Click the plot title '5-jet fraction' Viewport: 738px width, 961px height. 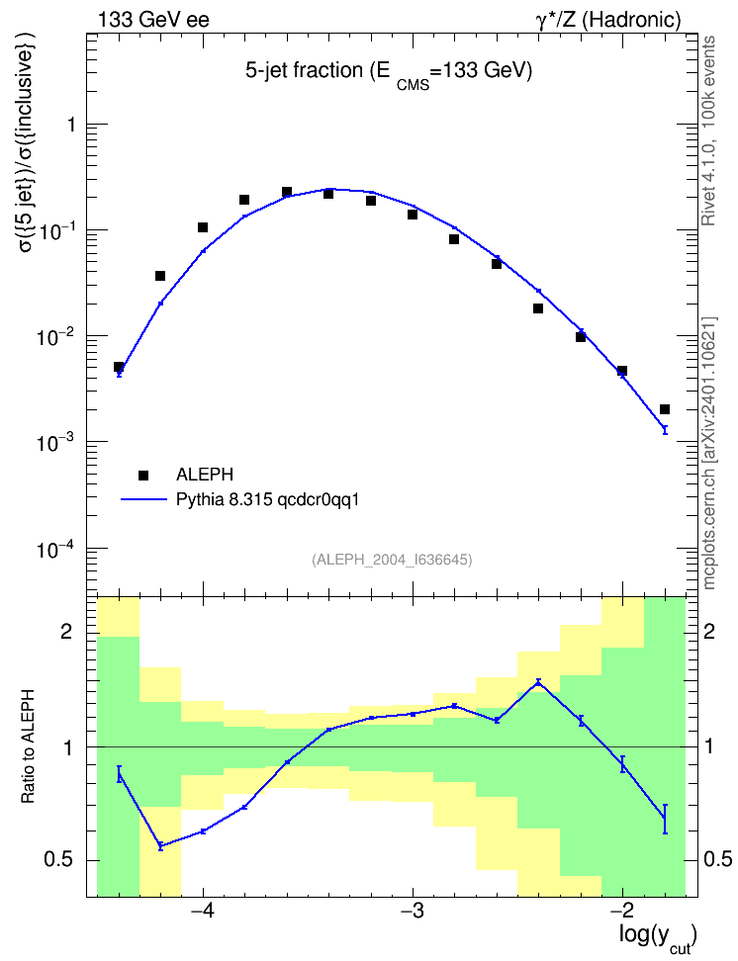click(x=304, y=71)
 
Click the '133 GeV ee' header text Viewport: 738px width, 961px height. click(x=153, y=20)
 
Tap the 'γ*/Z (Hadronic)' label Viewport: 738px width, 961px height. click(x=608, y=20)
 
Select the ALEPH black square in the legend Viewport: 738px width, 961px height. click(x=143, y=475)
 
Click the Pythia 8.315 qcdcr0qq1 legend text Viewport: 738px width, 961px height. click(x=267, y=500)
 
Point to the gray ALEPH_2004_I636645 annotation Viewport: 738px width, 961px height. click(x=392, y=560)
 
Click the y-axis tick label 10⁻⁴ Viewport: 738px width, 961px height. click(x=54, y=549)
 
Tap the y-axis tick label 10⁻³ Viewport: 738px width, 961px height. click(x=54, y=443)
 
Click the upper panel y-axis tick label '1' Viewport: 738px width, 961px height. click(x=72, y=125)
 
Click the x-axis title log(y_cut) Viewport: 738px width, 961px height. click(x=658, y=937)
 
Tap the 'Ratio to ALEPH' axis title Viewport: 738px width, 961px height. click(x=28, y=746)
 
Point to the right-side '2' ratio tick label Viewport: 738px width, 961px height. click(x=709, y=631)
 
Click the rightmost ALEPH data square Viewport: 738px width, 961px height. click(x=665, y=409)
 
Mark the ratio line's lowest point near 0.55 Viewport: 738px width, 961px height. click(x=160, y=845)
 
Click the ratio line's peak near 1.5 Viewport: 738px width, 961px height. click(x=538, y=682)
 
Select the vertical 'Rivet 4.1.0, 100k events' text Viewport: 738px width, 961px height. click(x=709, y=131)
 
